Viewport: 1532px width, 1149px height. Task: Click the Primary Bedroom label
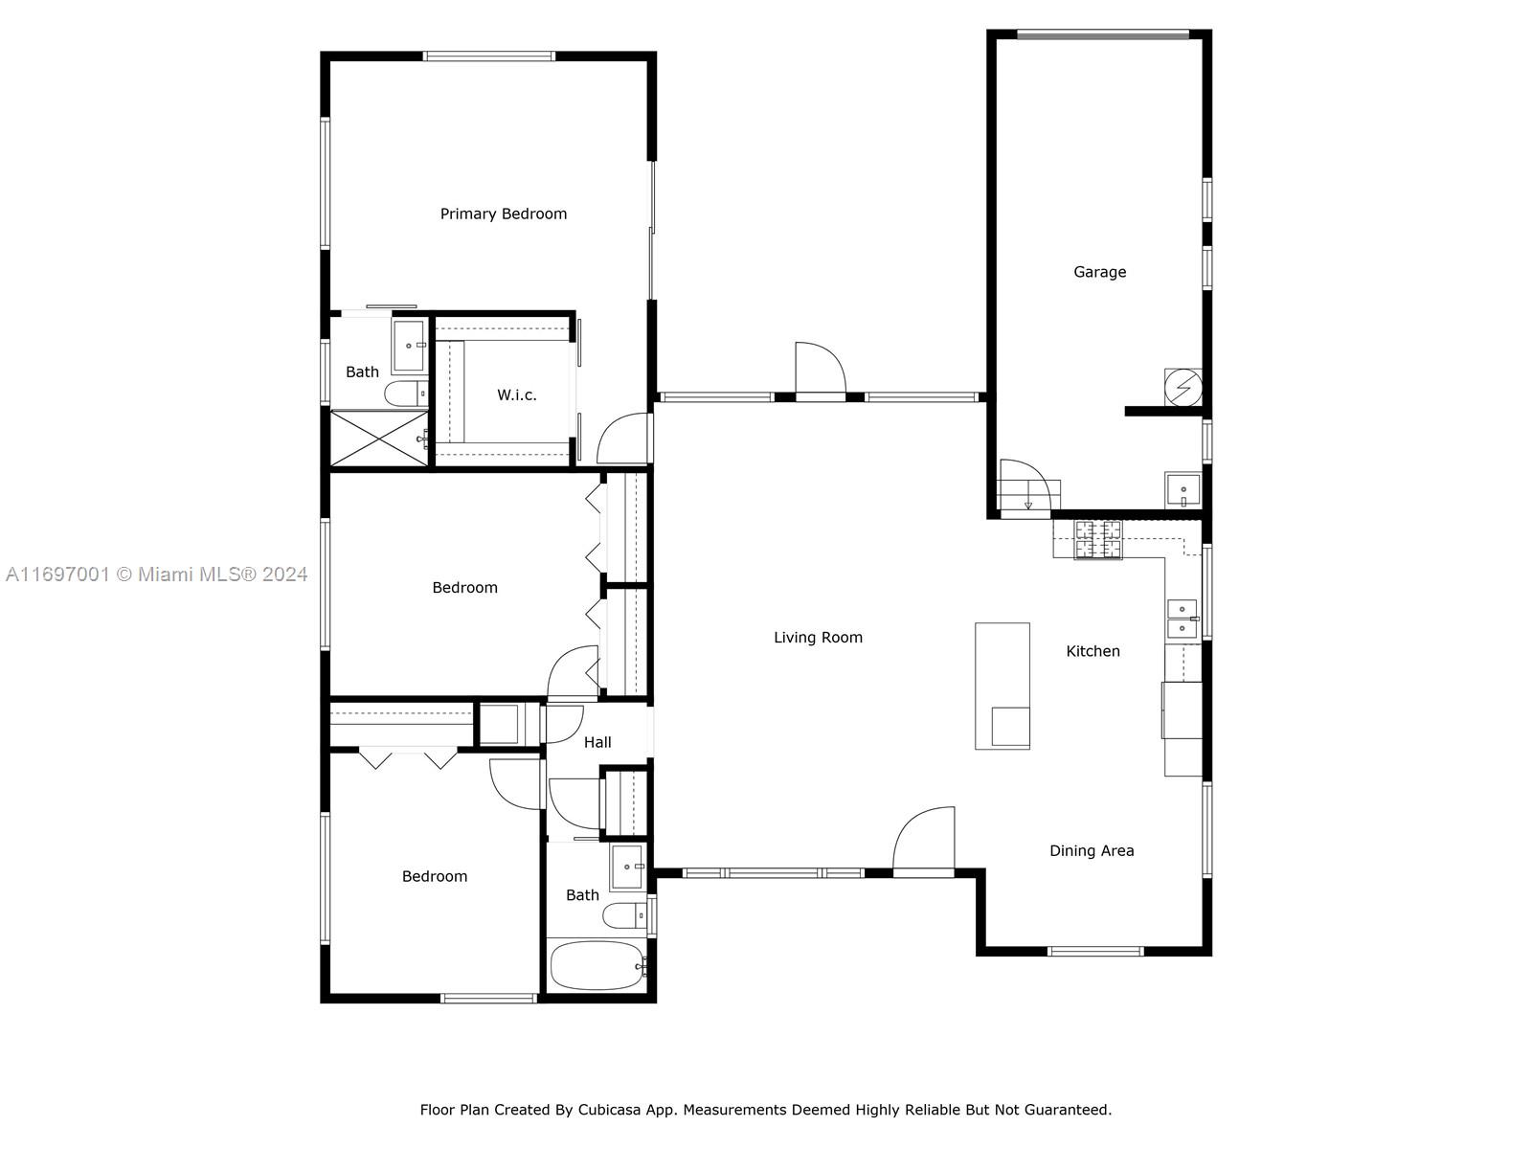[x=504, y=214]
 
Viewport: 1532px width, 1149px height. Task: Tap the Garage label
[x=1099, y=272]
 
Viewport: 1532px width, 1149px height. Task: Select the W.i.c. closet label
[x=516, y=394]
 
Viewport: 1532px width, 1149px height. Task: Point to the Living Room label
[x=818, y=638]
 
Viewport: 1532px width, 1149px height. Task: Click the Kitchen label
[x=1093, y=652]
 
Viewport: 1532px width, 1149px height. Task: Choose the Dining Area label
[x=1092, y=851]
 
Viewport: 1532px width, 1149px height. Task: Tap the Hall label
[x=597, y=742]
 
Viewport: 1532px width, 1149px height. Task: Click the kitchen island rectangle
[x=1003, y=687]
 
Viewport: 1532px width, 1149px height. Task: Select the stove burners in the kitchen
[x=1098, y=540]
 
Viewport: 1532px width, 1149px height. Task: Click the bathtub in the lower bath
[x=598, y=965]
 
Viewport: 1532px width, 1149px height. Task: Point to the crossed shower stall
[x=379, y=439]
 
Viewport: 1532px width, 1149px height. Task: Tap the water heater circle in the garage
[x=1183, y=387]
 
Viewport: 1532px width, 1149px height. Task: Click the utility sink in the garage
[x=1183, y=489]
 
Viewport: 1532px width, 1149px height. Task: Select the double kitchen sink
[x=1183, y=619]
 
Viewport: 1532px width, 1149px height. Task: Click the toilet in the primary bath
[x=406, y=394]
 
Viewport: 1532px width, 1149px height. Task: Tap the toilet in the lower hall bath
[x=624, y=915]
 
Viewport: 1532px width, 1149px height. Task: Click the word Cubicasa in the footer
[x=609, y=1109]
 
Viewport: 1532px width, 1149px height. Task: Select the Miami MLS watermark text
[x=156, y=574]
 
